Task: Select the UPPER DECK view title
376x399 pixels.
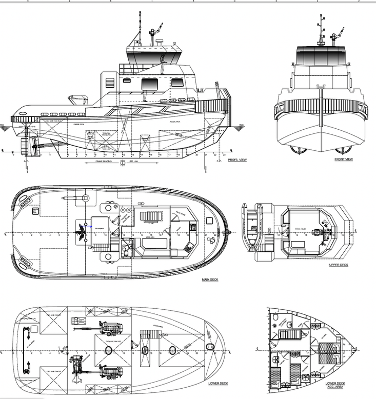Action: (x=338, y=265)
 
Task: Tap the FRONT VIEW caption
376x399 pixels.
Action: (x=343, y=159)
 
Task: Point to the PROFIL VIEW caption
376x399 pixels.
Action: (x=237, y=160)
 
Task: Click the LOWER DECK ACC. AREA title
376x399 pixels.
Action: (x=335, y=386)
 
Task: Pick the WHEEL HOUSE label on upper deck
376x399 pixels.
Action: (x=300, y=229)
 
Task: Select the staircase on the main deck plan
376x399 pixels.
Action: (x=152, y=215)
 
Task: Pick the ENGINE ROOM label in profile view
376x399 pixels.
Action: (x=78, y=124)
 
